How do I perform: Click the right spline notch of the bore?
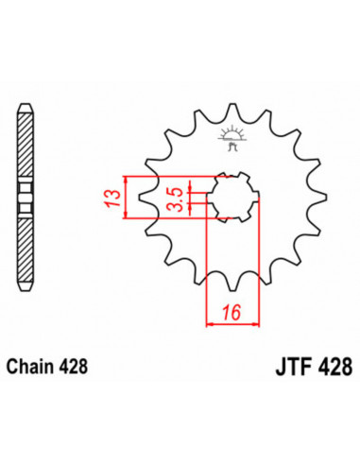255,199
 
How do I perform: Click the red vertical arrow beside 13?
125,199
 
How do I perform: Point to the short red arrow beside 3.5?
191,199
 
